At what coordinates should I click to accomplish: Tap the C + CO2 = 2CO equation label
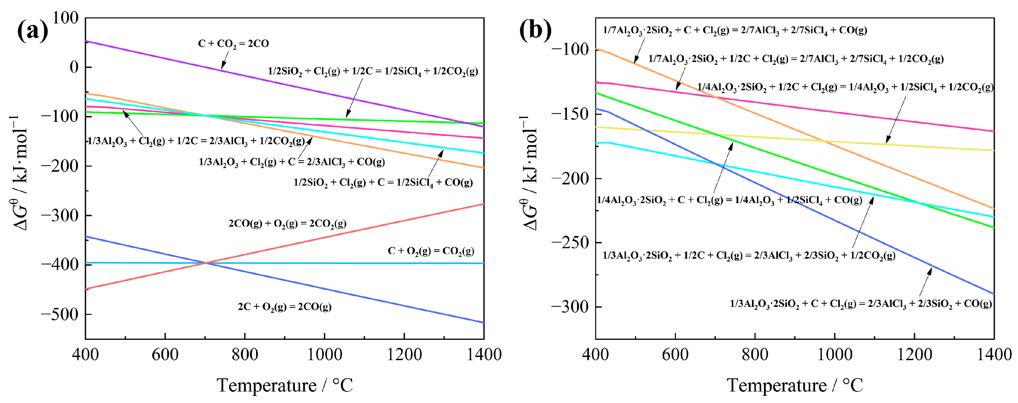[x=233, y=44]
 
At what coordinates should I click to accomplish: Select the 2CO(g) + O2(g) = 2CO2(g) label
[x=287, y=224]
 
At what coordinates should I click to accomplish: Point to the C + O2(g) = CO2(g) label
[x=431, y=251]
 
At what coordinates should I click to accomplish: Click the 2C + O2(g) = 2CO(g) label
[x=284, y=307]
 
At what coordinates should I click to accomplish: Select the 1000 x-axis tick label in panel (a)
[x=324, y=354]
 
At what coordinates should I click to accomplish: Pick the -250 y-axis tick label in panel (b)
[x=570, y=242]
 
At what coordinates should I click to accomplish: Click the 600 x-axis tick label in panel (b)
[x=675, y=354]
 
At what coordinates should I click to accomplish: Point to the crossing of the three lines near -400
[x=205, y=263]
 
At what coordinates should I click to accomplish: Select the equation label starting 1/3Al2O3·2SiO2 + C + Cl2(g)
[x=860, y=304]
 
